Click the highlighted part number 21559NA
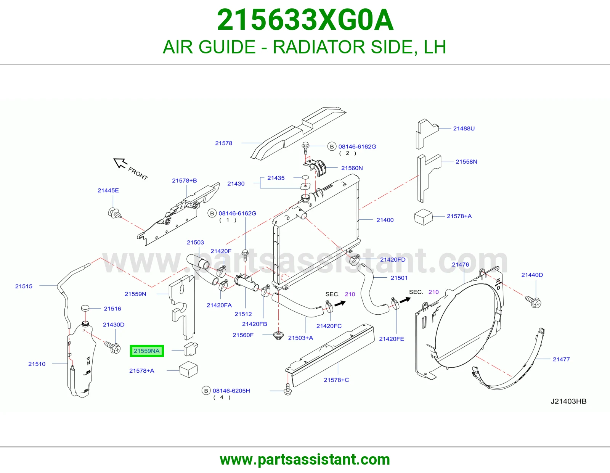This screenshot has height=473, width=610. [x=146, y=351]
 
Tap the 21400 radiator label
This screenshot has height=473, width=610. [x=385, y=220]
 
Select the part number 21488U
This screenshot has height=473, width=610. [x=464, y=129]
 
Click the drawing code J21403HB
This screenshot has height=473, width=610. [x=568, y=401]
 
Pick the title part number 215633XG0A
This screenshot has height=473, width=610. [x=305, y=20]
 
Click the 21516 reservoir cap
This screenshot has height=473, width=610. [x=85, y=308]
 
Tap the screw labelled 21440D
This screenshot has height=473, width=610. [x=533, y=302]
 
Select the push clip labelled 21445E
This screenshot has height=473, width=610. [x=114, y=213]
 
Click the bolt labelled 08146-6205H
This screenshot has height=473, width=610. [x=288, y=389]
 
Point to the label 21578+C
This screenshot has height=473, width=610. [x=336, y=380]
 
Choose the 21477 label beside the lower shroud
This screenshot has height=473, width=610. [x=561, y=359]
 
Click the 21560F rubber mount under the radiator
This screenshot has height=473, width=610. [x=278, y=335]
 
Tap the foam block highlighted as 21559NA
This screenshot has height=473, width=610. [x=191, y=349]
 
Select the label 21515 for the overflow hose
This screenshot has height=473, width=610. [x=24, y=286]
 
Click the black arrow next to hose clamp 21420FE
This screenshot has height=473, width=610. [x=405, y=300]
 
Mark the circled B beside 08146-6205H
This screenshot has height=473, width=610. [x=206, y=391]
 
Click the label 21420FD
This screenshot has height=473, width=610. [x=393, y=259]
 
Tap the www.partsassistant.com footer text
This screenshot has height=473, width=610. [x=305, y=460]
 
